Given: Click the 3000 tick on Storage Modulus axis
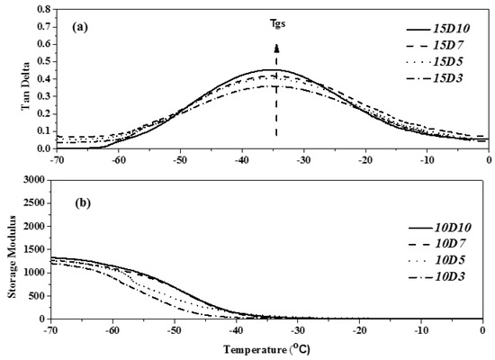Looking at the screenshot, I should (x=34, y=181).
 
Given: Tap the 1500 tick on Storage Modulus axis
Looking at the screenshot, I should (x=34, y=249).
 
